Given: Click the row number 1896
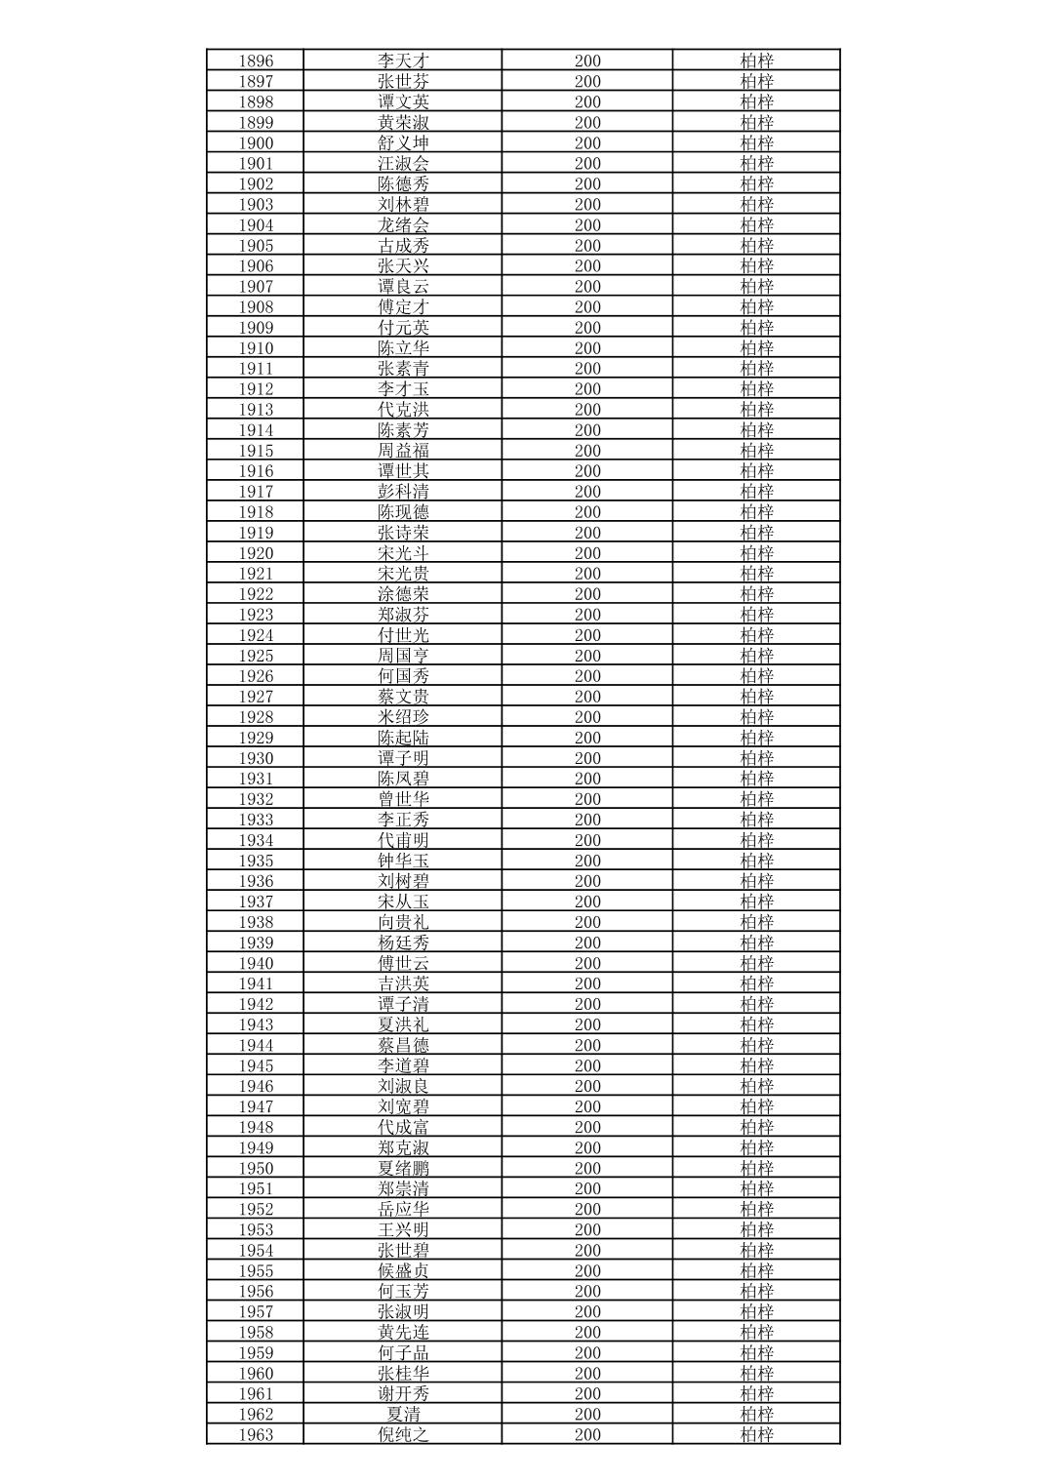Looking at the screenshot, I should (x=256, y=60).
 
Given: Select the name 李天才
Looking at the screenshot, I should (x=403, y=60).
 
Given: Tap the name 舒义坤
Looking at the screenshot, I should (x=403, y=142).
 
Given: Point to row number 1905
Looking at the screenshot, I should (x=256, y=246).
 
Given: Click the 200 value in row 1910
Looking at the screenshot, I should (x=587, y=348).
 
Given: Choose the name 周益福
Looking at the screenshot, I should (x=403, y=451).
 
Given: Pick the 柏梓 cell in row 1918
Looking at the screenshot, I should (x=756, y=512).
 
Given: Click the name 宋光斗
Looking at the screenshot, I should (x=403, y=553).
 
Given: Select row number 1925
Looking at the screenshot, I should (x=256, y=656).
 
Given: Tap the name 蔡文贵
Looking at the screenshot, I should (x=403, y=697).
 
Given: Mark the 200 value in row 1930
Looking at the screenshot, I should (x=587, y=758).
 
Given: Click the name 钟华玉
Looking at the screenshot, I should (x=403, y=861).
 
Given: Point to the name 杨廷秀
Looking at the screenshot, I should (x=403, y=942).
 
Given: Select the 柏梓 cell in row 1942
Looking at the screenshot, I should (x=756, y=1004).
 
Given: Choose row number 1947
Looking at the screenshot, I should (x=256, y=1106).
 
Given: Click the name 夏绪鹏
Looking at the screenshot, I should (x=403, y=1168).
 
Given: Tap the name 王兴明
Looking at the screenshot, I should (x=403, y=1229).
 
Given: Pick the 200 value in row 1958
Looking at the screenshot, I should (x=587, y=1332).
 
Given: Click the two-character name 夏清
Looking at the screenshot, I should (x=403, y=1414).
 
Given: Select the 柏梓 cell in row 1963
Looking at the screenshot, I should (x=756, y=1434).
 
